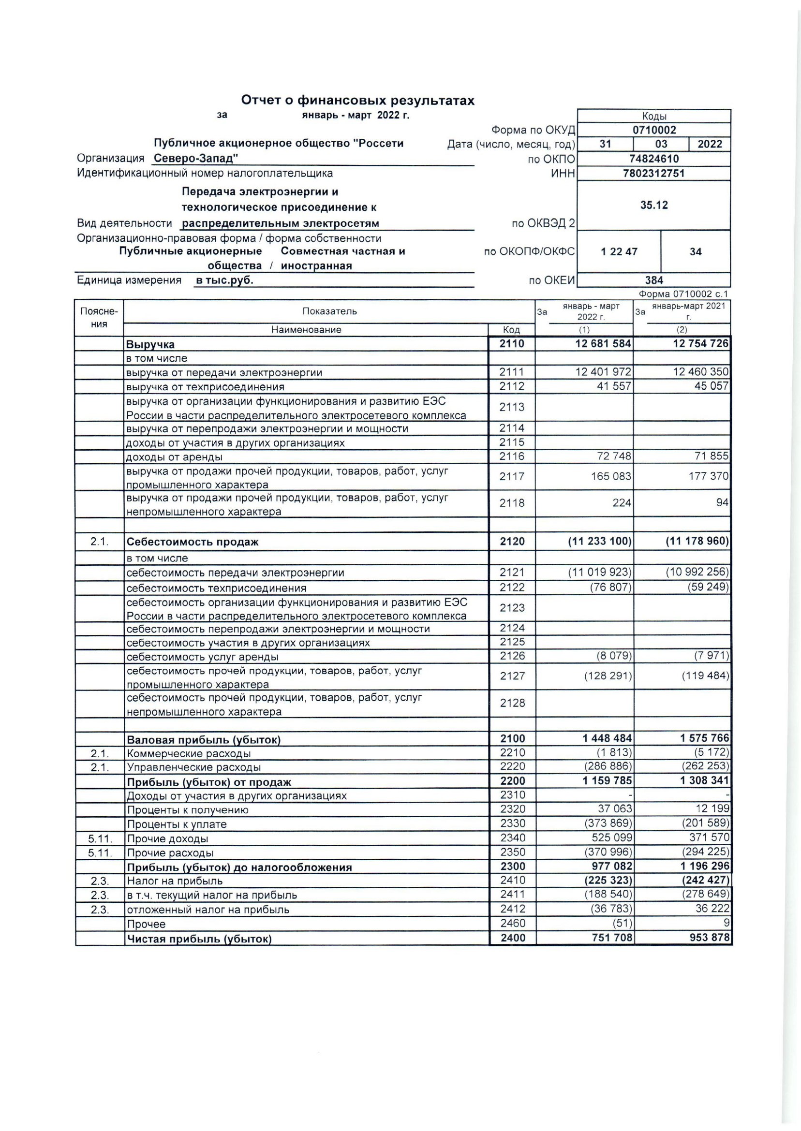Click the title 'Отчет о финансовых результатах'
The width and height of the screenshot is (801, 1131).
[357, 101]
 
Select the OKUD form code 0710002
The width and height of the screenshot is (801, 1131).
[653, 130]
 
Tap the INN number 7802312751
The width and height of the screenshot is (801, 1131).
[653, 173]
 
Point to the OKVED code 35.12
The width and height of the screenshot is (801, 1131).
[653, 205]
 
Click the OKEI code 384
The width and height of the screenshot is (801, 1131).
[653, 280]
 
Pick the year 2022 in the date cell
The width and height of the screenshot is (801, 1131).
[709, 144]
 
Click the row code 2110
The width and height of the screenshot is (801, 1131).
[511, 344]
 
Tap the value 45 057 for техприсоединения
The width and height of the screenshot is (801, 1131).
[711, 386]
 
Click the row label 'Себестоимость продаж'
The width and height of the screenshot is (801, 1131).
[193, 542]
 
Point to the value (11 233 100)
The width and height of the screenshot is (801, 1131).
[599, 542]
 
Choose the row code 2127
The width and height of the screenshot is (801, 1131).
[511, 676]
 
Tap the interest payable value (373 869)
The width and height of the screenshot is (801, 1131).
[607, 824]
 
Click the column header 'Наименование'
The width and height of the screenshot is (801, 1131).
[306, 330]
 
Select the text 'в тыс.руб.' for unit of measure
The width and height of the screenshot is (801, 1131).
[224, 280]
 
